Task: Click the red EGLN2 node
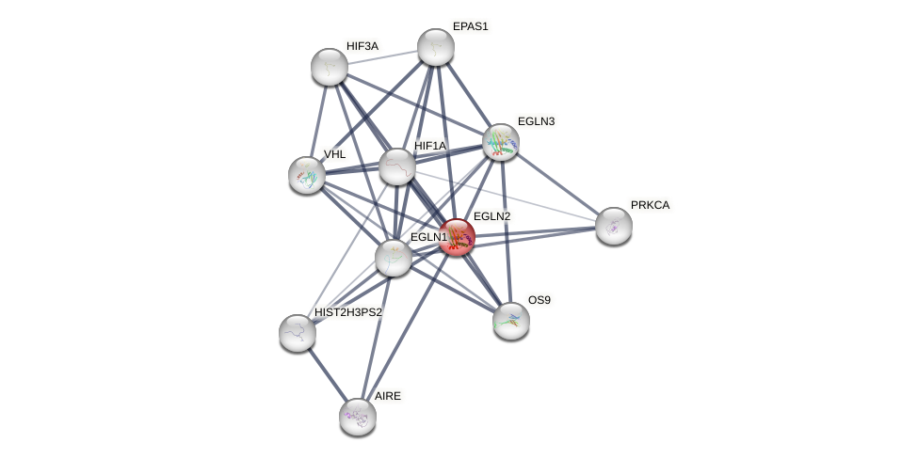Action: click(x=457, y=237)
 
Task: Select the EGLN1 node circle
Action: click(x=393, y=258)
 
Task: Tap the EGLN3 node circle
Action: click(x=501, y=142)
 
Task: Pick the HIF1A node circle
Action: click(x=396, y=166)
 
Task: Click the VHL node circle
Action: click(x=307, y=175)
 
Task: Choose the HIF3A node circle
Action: click(x=330, y=67)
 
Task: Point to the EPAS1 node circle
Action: click(x=436, y=47)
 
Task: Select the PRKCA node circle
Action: click(x=614, y=226)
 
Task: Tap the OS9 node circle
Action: click(x=511, y=321)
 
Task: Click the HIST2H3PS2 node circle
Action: click(x=298, y=333)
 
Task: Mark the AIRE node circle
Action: click(x=358, y=417)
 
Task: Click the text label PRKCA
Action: click(x=650, y=205)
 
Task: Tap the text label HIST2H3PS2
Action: click(x=348, y=312)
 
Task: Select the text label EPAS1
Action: click(x=470, y=26)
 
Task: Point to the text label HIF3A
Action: click(x=362, y=46)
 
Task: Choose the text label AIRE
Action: click(x=387, y=396)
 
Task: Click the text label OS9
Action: click(x=539, y=300)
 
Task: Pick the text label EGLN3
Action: click(x=536, y=121)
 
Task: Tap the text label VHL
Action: click(x=334, y=154)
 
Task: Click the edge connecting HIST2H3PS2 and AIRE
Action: click(x=328, y=374)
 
